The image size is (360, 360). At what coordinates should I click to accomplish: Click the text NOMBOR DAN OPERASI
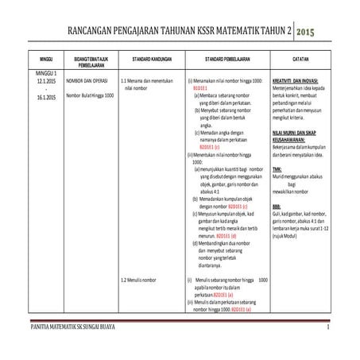[x=87, y=81]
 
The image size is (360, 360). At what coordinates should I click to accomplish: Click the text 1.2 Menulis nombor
[x=139, y=281]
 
